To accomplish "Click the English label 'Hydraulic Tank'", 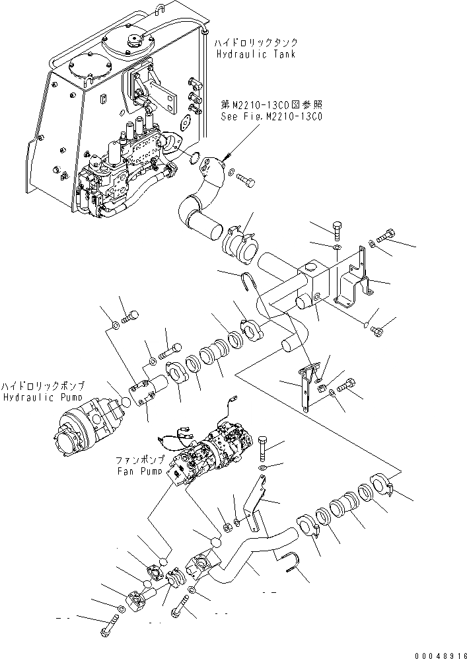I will (x=254, y=54).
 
